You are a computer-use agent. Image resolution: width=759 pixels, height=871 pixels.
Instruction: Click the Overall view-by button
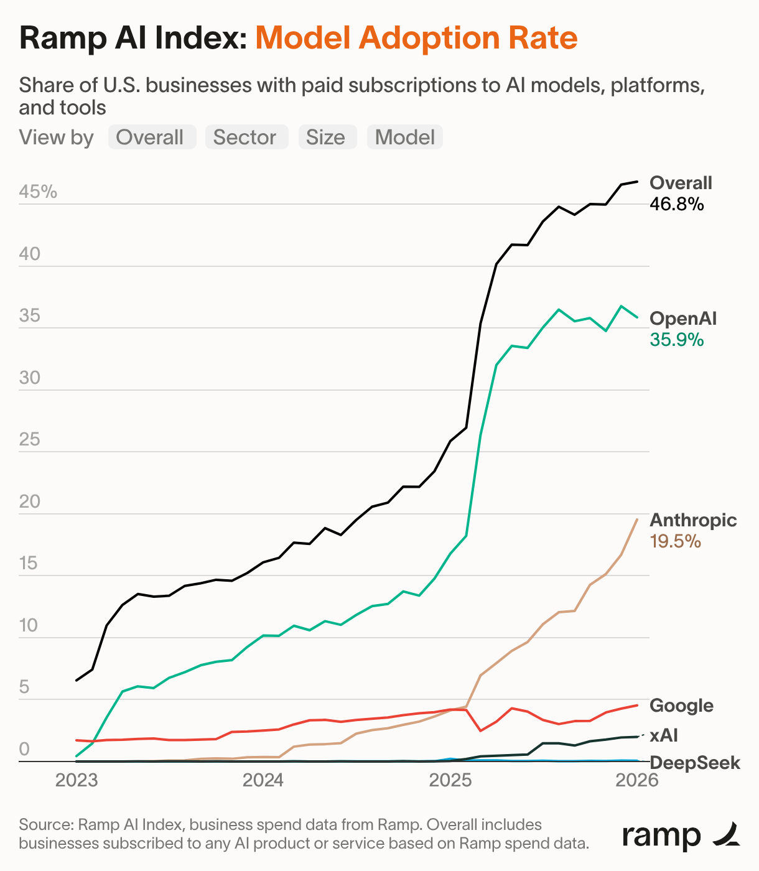point(152,137)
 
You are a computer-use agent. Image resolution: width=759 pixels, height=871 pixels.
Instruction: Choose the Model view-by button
point(404,137)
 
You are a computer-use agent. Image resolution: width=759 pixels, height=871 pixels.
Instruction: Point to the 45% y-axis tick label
point(38,192)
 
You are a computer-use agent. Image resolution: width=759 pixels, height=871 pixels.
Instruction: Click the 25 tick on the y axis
point(29,440)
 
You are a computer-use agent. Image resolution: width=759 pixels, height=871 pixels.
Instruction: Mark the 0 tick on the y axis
point(24,749)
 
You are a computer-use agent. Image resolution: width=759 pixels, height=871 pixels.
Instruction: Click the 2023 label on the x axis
point(77,780)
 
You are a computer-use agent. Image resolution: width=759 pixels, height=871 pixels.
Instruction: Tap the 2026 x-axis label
point(636,780)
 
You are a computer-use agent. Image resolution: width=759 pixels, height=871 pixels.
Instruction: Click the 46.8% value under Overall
point(677,204)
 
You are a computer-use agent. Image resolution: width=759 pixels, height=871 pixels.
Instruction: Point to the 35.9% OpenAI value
point(677,340)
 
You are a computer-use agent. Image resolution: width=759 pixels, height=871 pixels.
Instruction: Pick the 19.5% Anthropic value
point(676,541)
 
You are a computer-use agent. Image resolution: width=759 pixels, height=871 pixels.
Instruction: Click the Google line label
point(681,706)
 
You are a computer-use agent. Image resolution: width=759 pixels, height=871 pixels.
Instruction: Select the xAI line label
point(664,735)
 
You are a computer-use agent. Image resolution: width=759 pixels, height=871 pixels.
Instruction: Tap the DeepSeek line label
point(695,763)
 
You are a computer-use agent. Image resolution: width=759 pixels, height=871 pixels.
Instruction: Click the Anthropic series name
point(693,520)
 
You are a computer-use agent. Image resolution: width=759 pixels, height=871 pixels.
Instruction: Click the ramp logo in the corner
point(681,835)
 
